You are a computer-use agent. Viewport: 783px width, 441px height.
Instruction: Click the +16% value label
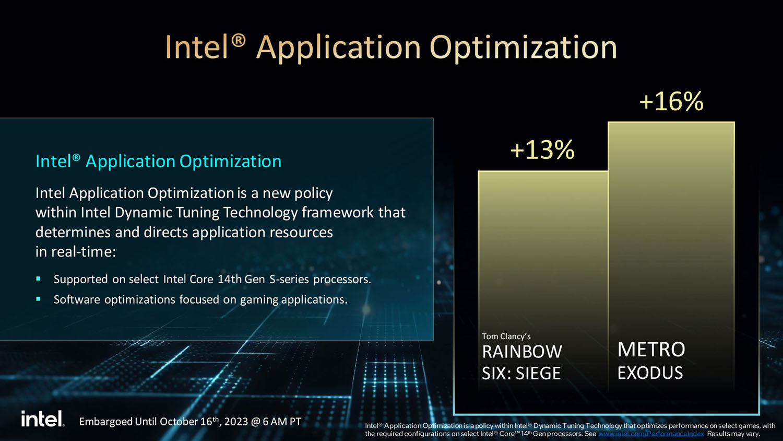click(x=671, y=101)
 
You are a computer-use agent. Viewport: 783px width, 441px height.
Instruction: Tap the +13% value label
click(x=542, y=150)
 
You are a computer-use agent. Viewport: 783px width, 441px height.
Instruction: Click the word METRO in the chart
click(x=651, y=350)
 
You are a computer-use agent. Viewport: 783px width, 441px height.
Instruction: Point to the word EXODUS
click(x=650, y=373)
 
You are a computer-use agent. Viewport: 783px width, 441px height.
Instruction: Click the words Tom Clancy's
click(x=506, y=336)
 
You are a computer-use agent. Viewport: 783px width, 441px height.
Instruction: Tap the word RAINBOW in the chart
click(x=522, y=352)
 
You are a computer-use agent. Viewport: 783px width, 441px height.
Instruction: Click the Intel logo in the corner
click(x=43, y=419)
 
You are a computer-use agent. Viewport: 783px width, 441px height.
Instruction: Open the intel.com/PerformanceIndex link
click(x=651, y=434)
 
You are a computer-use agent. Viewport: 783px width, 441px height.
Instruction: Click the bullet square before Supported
click(x=38, y=279)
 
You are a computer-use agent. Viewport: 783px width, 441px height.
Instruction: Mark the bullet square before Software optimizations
click(x=38, y=299)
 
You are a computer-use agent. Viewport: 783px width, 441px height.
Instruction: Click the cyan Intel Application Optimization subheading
click(x=158, y=161)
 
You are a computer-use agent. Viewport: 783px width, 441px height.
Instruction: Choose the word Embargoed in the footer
click(x=105, y=422)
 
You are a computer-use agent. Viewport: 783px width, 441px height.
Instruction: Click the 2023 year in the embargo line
click(x=236, y=421)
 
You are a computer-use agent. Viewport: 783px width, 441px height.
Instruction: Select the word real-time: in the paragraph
click(x=84, y=252)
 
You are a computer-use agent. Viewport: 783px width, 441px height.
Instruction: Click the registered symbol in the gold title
click(x=239, y=41)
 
